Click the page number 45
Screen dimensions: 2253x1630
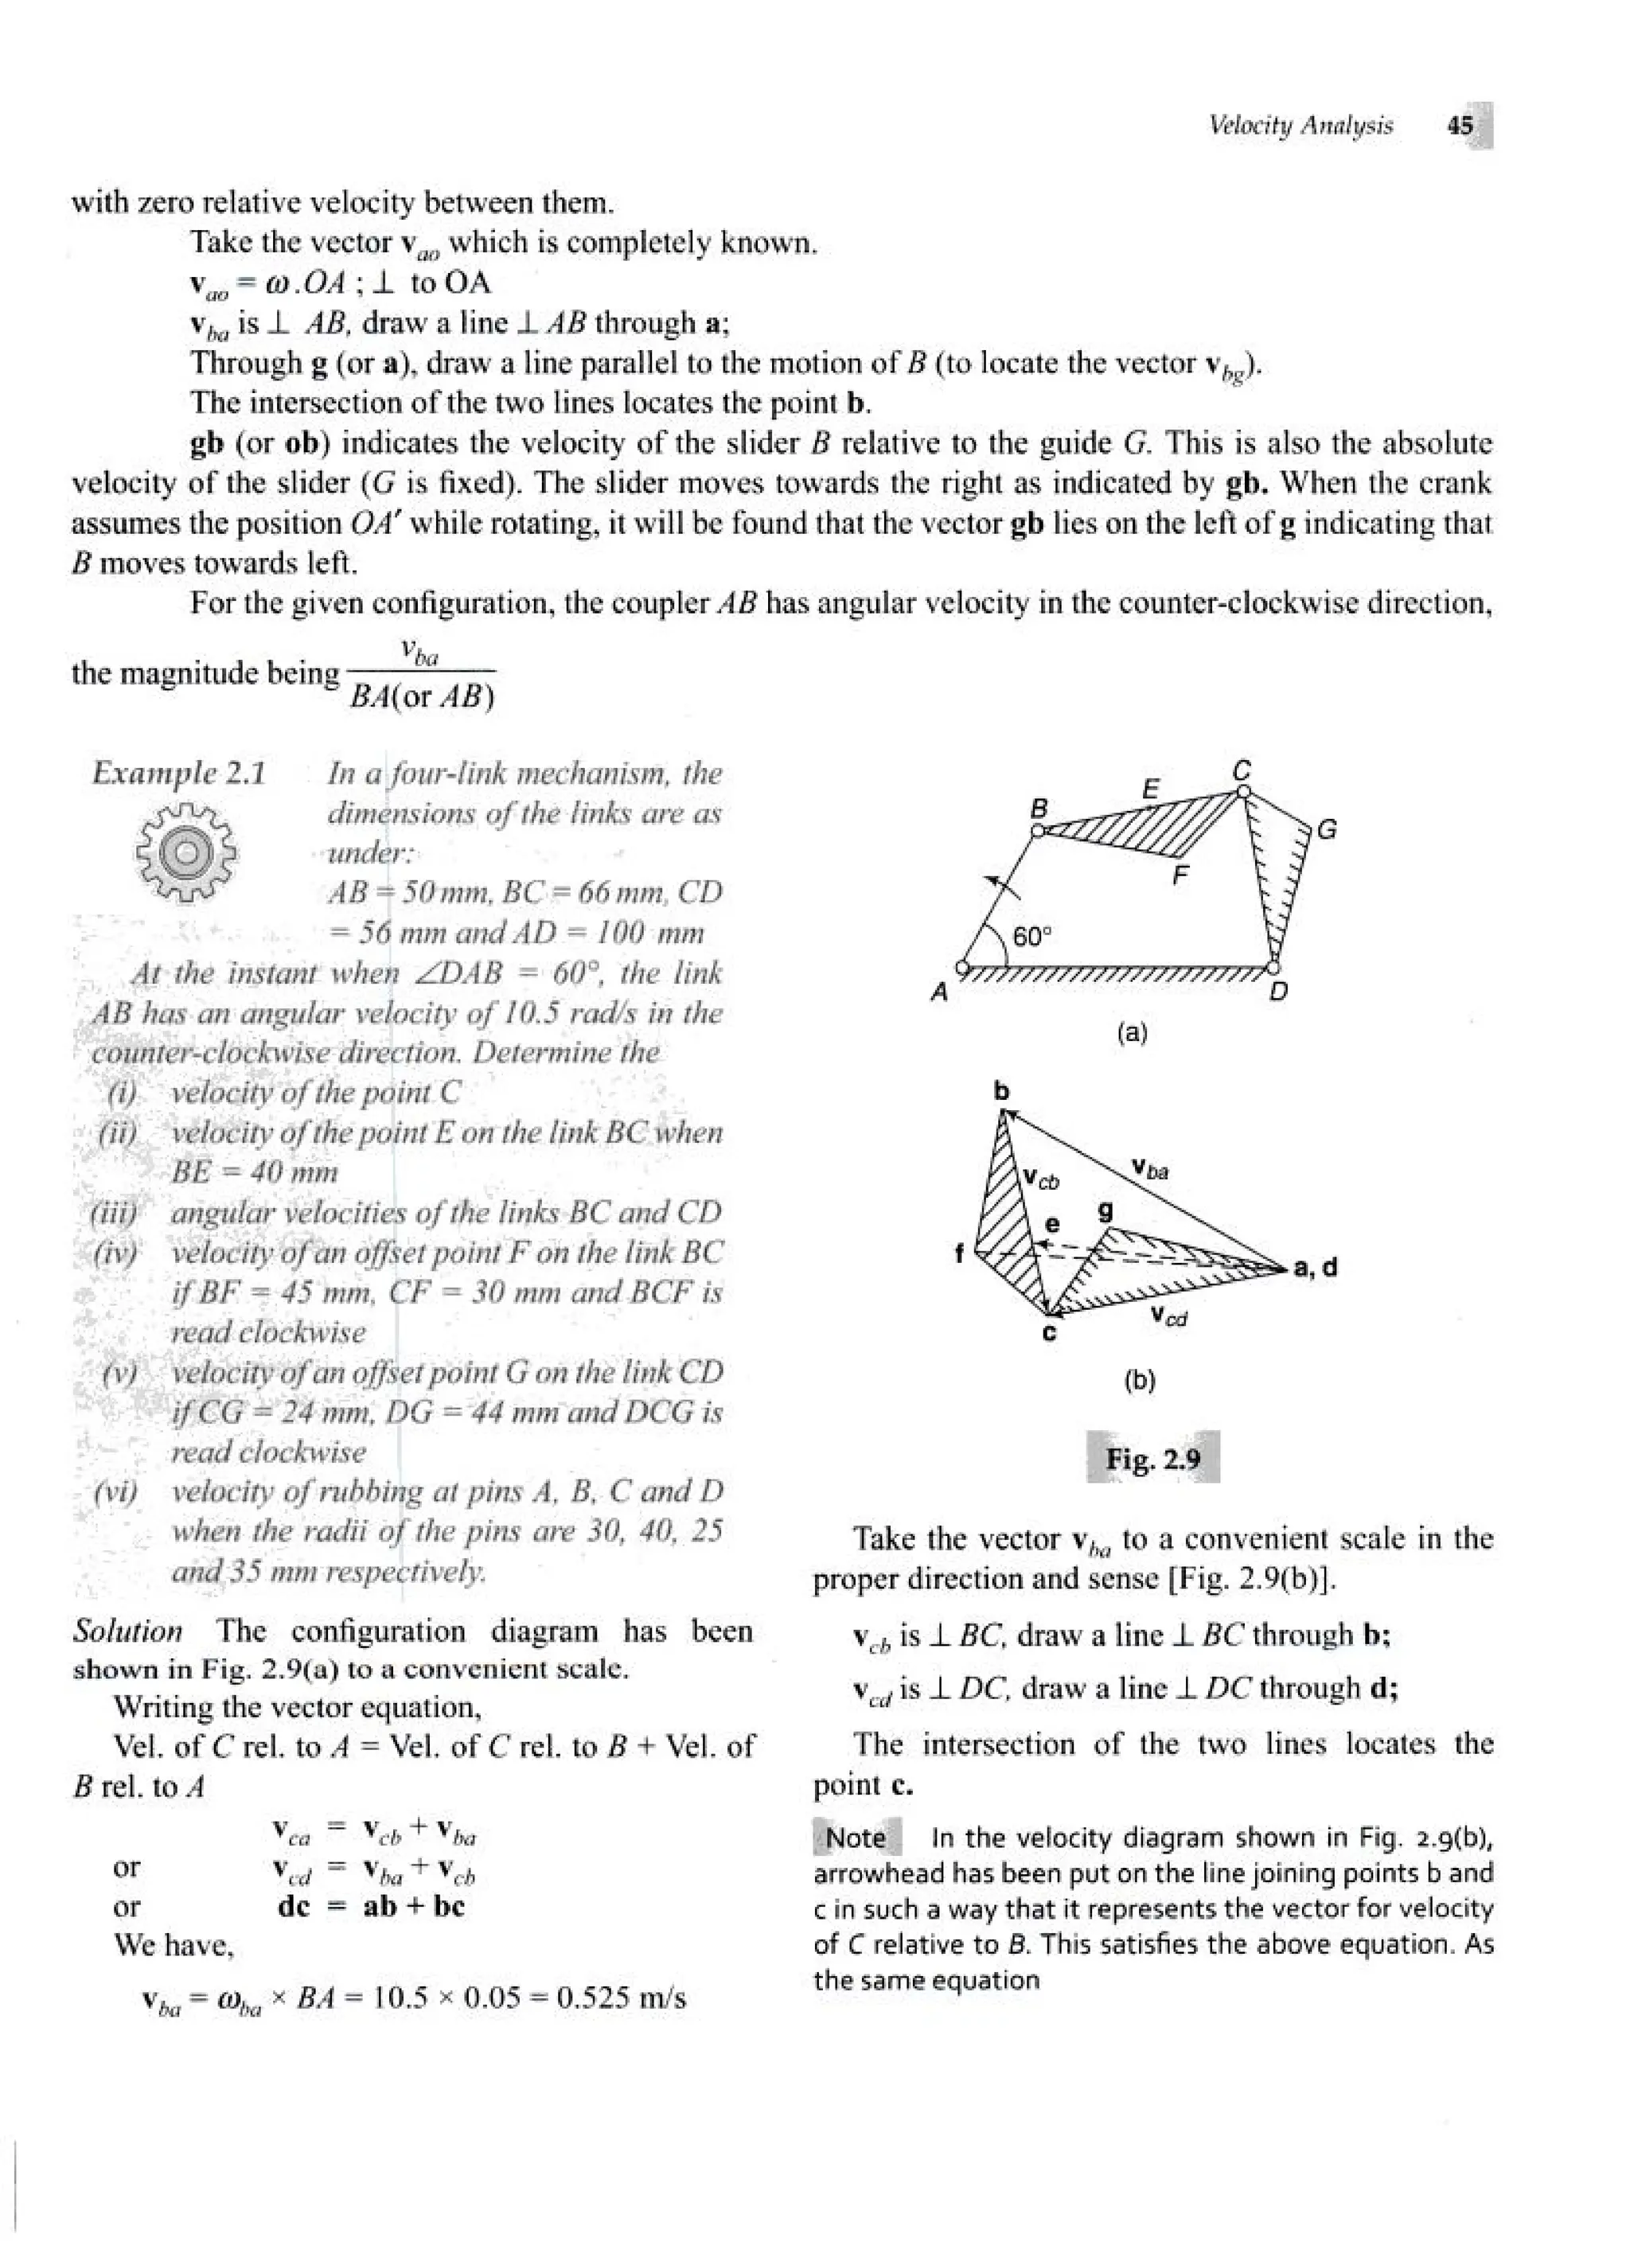click(x=1460, y=127)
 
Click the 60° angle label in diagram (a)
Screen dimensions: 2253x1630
click(x=1031, y=937)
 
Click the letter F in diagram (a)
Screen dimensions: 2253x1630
click(x=1180, y=876)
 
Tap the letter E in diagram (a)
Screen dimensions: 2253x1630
click(x=1150, y=789)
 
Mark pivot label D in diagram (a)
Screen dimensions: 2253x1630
click(x=1279, y=992)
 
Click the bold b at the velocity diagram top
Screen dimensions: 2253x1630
click(x=1001, y=1091)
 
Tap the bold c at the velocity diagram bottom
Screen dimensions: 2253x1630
click(x=1049, y=1333)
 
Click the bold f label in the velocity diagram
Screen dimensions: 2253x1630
click(x=958, y=1253)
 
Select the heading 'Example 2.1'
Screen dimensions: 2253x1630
click(x=179, y=773)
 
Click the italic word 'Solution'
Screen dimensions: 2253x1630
click(x=127, y=1631)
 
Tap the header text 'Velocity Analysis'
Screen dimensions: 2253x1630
click(x=1300, y=127)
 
